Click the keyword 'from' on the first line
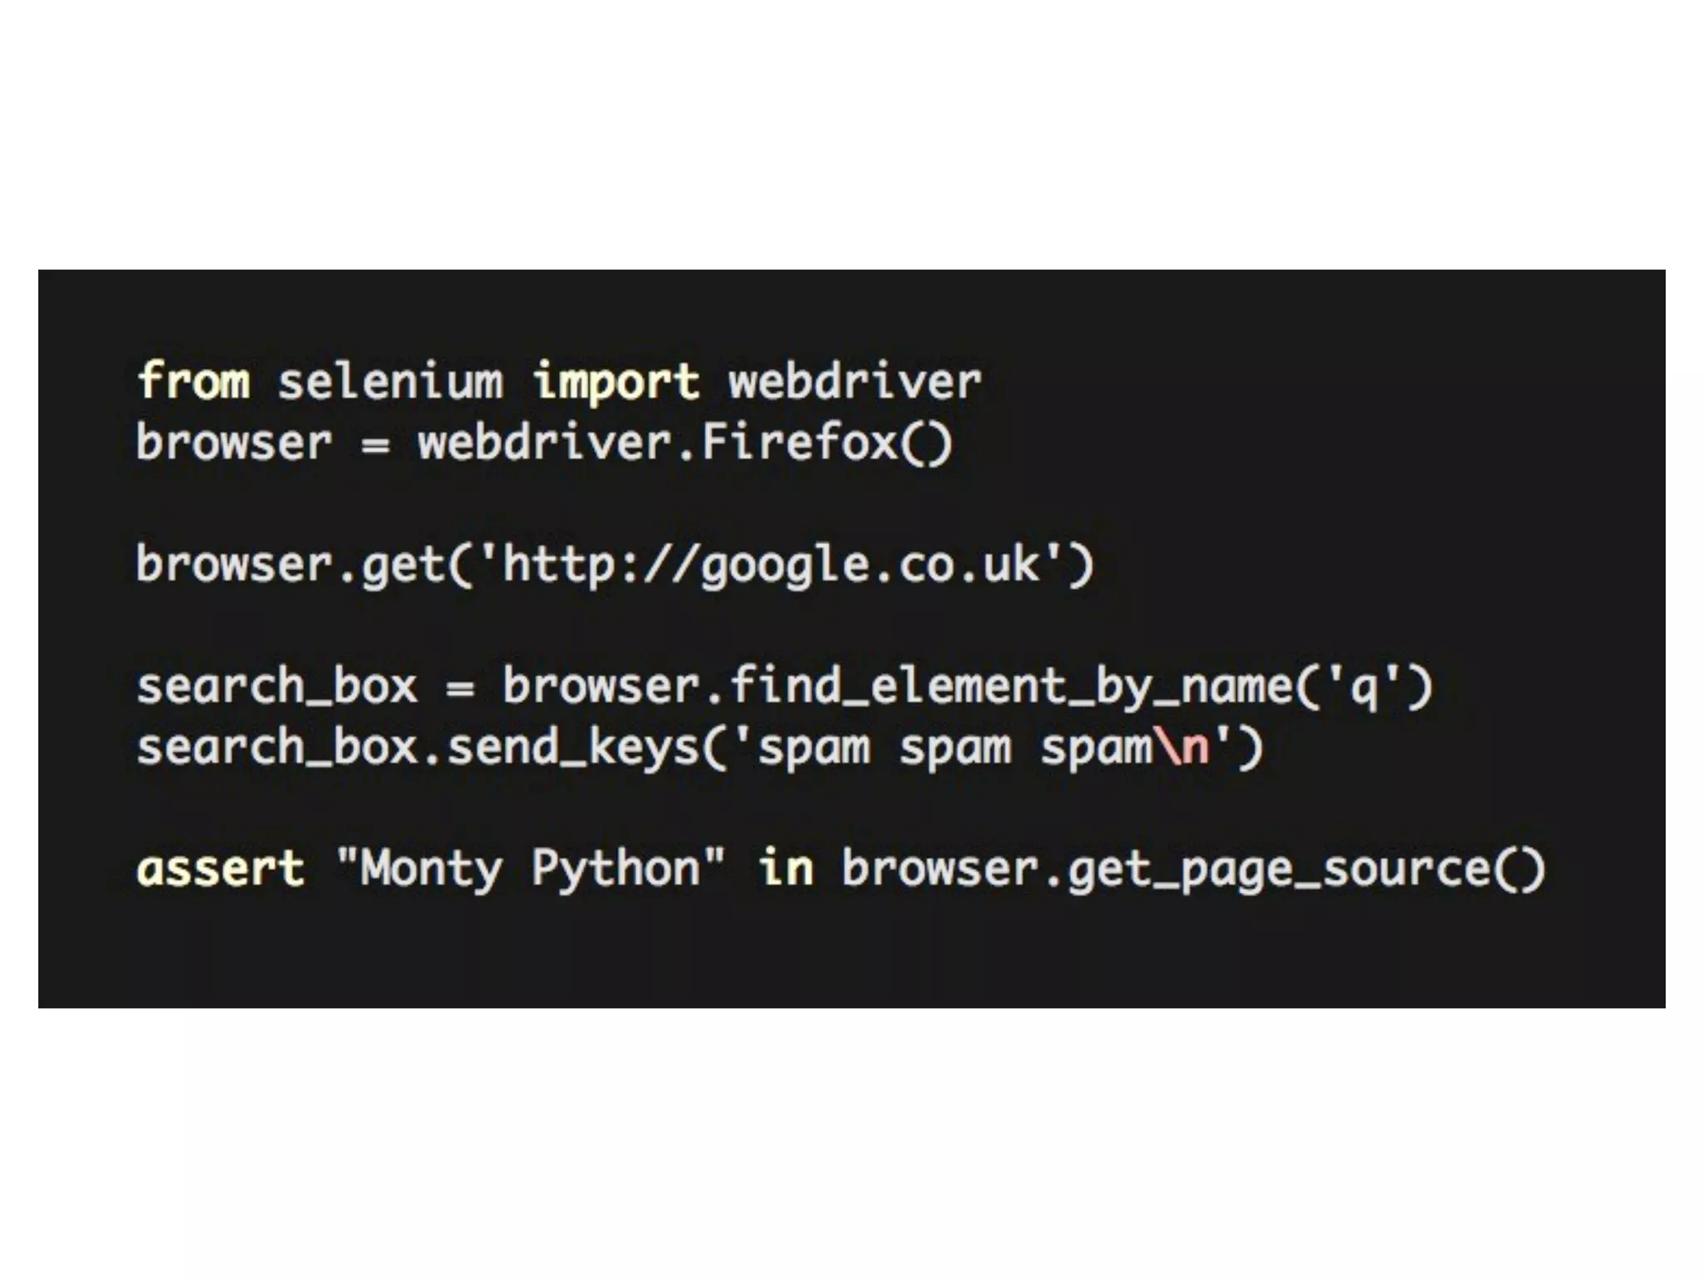click(x=193, y=381)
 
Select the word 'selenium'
click(x=390, y=381)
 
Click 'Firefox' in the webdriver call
click(x=800, y=442)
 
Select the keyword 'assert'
click(x=220, y=869)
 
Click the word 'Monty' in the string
click(x=431, y=869)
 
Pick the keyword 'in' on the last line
click(x=785, y=869)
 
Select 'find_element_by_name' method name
click(x=1011, y=687)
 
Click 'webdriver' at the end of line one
click(x=855, y=381)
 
